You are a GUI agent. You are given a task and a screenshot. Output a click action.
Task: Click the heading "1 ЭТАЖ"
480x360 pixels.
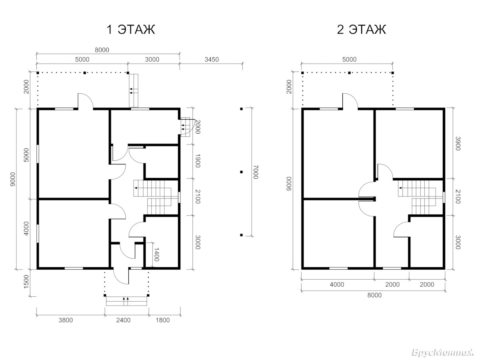pyautogui.click(x=131, y=30)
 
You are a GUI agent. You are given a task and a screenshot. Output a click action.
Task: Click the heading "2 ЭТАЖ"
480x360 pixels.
pyautogui.click(x=362, y=30)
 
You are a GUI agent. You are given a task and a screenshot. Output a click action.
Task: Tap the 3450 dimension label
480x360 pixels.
pyautogui.click(x=212, y=60)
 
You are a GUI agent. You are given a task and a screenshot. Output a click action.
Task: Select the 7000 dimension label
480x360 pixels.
pyautogui.click(x=256, y=172)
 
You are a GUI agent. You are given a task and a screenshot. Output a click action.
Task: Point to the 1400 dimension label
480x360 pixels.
pyautogui.click(x=156, y=254)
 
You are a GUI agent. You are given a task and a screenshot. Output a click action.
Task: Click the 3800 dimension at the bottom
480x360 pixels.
pyautogui.click(x=66, y=320)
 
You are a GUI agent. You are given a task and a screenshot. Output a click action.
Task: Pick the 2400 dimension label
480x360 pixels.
pyautogui.click(x=123, y=320)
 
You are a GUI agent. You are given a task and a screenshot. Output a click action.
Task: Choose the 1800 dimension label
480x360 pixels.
pyautogui.click(x=163, y=320)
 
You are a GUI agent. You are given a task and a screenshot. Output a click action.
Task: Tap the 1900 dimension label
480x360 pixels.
pyautogui.click(x=198, y=161)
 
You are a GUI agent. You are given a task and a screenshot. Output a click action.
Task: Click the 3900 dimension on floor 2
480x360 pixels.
pyautogui.click(x=458, y=144)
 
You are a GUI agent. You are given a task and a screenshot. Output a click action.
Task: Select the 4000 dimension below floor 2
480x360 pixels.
pyautogui.click(x=337, y=284)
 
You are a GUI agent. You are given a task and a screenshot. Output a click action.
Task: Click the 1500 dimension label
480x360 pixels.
pyautogui.click(x=26, y=282)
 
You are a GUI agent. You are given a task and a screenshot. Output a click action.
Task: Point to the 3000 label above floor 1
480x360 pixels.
pyautogui.click(x=152, y=60)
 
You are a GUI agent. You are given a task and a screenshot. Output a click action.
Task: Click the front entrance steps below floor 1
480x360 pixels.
pyautogui.click(x=126, y=301)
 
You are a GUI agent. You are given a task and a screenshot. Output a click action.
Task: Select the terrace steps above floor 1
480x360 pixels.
pyautogui.click(x=133, y=90)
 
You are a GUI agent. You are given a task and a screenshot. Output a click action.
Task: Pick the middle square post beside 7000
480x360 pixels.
pyautogui.click(x=242, y=172)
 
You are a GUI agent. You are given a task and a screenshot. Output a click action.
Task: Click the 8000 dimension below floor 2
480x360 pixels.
pyautogui.click(x=374, y=295)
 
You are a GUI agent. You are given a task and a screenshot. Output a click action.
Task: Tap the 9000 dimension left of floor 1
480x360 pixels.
pyautogui.click(x=13, y=179)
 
